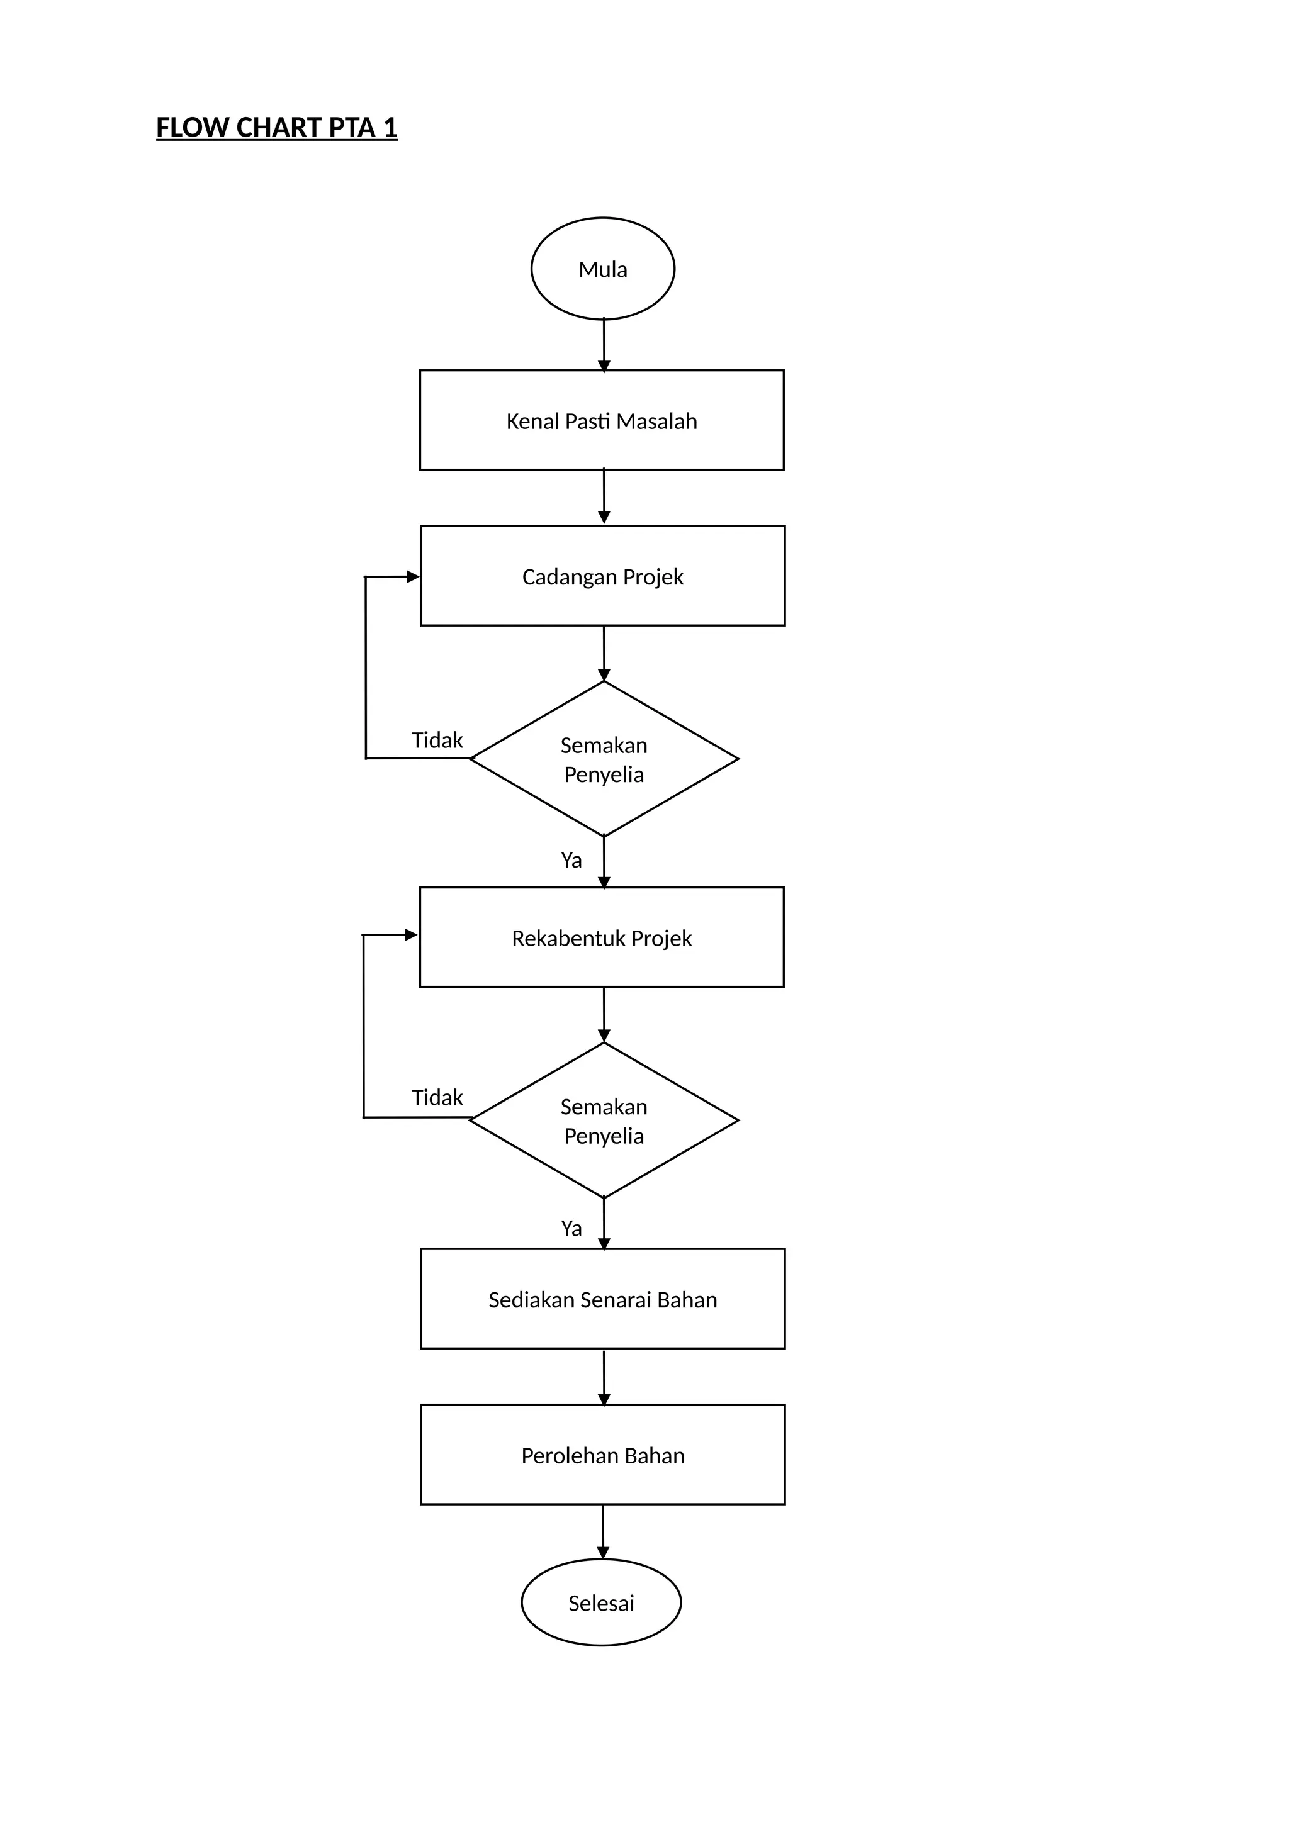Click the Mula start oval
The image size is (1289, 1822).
pos(602,269)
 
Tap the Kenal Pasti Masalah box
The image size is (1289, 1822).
pos(602,421)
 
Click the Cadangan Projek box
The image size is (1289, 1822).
pos(602,576)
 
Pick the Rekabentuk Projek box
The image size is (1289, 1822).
pos(602,938)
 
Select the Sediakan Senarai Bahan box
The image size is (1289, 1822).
pos(602,1299)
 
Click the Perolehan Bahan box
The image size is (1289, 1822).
pos(602,1455)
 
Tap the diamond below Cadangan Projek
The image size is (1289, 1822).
pos(604,759)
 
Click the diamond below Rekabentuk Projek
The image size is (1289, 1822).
pos(604,1121)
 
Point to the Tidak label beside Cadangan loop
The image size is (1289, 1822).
pos(437,741)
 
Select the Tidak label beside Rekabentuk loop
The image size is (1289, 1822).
pos(437,1097)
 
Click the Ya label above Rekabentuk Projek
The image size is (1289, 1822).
pos(571,860)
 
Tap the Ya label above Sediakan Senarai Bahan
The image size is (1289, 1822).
pos(571,1229)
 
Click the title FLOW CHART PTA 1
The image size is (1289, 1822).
pos(276,128)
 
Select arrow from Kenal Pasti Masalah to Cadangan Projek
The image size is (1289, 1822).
pos(604,497)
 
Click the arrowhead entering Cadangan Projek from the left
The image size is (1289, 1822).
pos(412,577)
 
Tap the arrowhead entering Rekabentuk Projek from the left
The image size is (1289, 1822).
pos(410,935)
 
